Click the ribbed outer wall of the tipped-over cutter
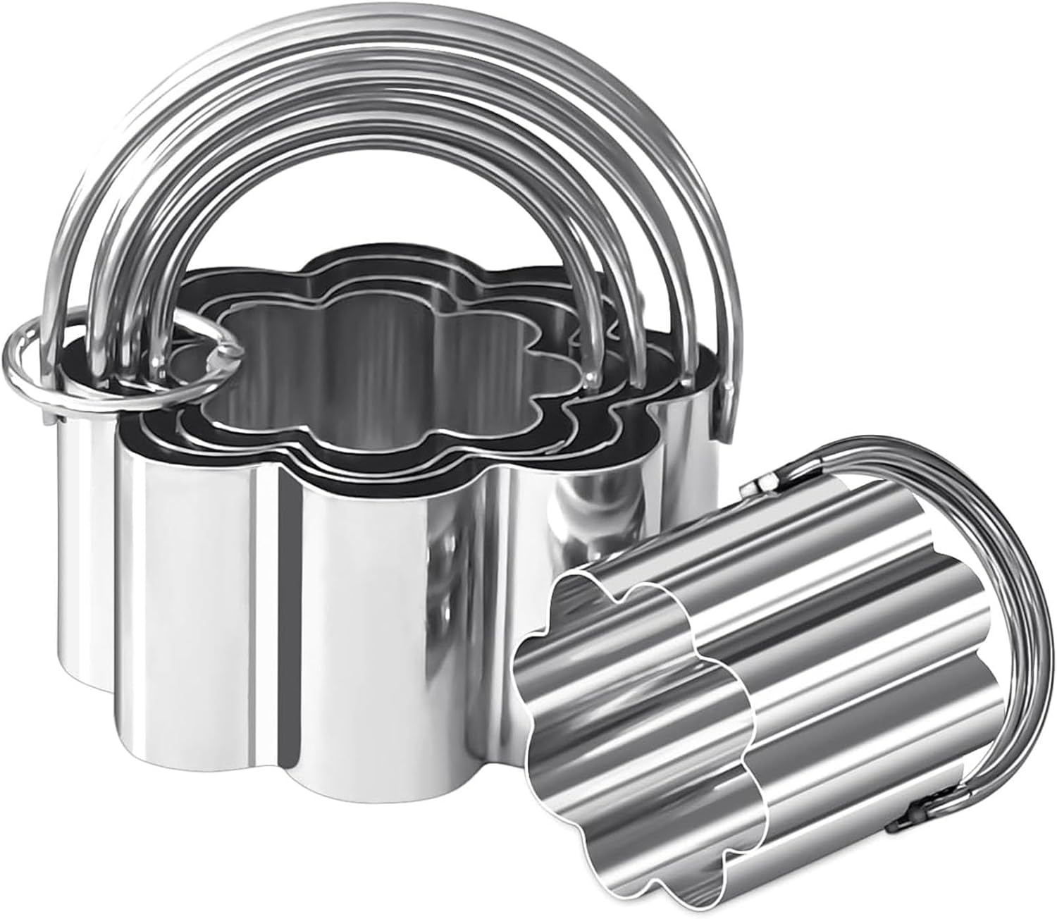846,634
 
